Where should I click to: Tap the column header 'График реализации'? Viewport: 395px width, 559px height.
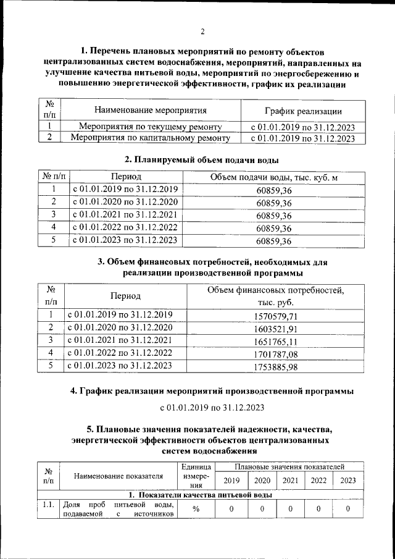pos(303,111)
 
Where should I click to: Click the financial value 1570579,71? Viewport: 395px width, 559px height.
pos(276,316)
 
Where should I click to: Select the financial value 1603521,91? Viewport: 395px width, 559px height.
pos(276,328)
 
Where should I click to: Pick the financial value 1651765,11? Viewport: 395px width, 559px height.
pos(276,341)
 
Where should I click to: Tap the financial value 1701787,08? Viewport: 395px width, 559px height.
pos(276,354)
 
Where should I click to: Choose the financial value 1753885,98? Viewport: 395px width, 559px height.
pos(276,367)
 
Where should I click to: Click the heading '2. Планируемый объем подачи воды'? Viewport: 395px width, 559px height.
pos(197,159)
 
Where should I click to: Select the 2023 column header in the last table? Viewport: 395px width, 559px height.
pos(347,481)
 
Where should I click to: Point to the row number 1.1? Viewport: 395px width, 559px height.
pos(48,505)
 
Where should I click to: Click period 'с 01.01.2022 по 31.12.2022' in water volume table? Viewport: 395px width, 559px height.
pos(125,228)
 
